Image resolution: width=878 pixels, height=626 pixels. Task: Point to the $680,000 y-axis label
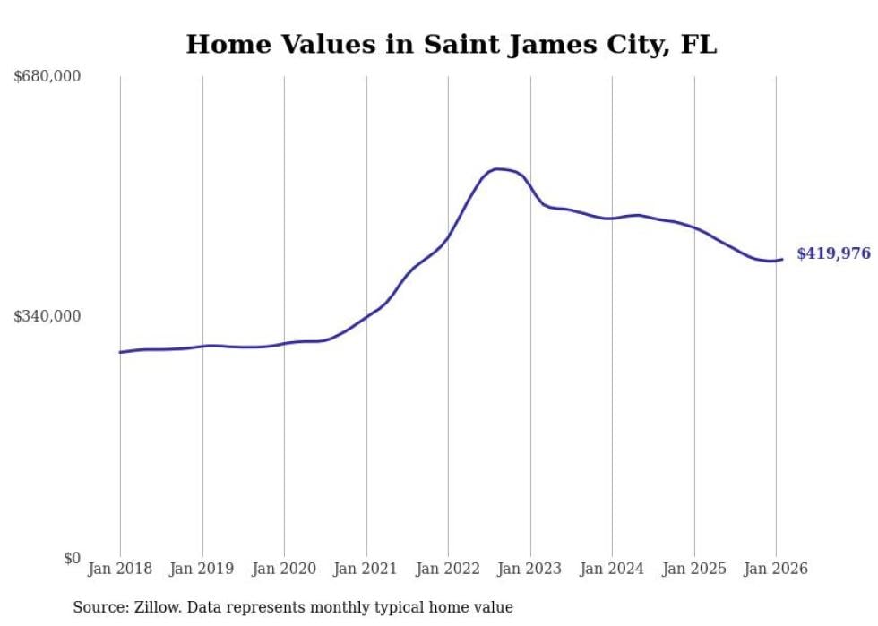click(x=47, y=77)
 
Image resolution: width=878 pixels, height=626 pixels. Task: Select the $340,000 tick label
click(x=47, y=316)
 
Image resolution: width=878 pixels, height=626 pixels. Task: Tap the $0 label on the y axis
click(x=72, y=558)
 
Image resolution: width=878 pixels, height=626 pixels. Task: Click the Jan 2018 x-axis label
click(x=120, y=569)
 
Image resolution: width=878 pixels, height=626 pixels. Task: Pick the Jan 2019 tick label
click(x=202, y=569)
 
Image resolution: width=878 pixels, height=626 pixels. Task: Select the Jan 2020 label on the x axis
click(x=284, y=569)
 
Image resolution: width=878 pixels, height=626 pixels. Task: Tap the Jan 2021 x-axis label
click(x=366, y=569)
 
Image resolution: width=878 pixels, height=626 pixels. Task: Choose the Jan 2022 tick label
click(x=448, y=569)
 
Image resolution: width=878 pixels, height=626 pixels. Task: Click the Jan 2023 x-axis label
click(x=530, y=569)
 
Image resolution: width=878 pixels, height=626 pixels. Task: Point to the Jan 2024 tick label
click(x=612, y=569)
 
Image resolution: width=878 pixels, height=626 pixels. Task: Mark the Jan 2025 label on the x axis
click(x=694, y=569)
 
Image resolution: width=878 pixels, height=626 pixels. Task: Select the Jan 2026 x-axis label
click(x=776, y=569)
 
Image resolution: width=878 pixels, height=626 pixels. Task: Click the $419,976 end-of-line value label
click(x=833, y=253)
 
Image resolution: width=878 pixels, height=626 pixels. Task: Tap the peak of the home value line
click(x=497, y=168)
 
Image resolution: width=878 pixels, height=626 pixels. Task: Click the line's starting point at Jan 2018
click(x=120, y=352)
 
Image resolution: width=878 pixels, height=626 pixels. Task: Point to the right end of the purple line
click(x=782, y=260)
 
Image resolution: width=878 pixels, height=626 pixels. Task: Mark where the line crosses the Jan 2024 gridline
click(x=612, y=219)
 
